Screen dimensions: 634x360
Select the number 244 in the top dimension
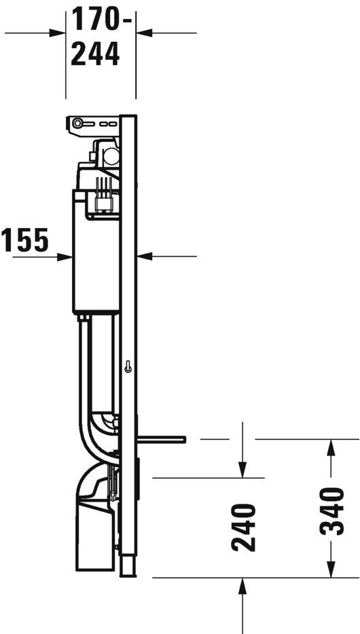click(x=96, y=53)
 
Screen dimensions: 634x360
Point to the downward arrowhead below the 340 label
click(x=331, y=571)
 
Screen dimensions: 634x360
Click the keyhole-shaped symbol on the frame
click(x=128, y=367)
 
